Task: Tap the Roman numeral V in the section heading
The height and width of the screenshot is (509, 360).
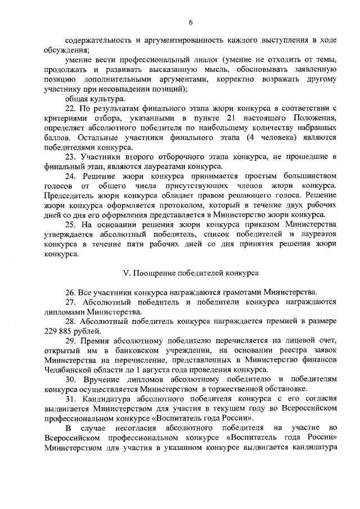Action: click(125, 273)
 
